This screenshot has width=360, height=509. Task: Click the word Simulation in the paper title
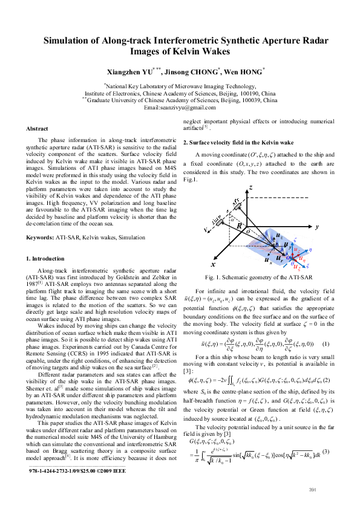click(68, 41)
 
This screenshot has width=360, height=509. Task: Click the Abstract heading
click(38, 129)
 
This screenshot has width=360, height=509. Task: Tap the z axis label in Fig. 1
click(250, 188)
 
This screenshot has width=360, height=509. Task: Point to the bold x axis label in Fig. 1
click(212, 265)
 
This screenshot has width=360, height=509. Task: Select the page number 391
click(313, 489)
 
